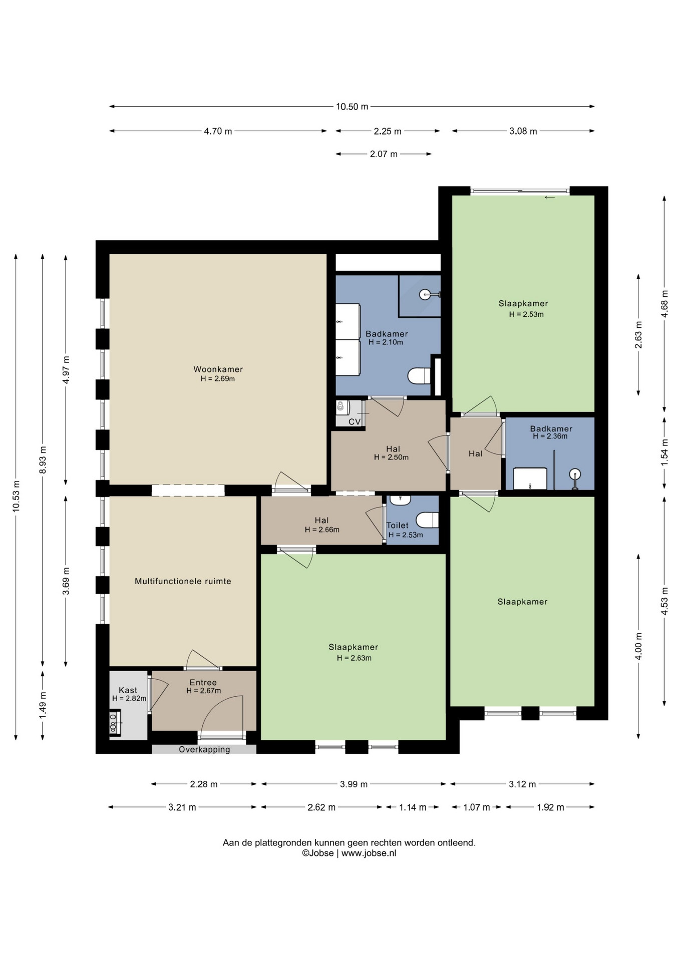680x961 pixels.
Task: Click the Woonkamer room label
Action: (x=218, y=369)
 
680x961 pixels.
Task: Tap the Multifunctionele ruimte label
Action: (x=183, y=581)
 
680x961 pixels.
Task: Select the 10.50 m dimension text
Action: (x=352, y=107)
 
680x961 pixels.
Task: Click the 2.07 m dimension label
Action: (x=384, y=154)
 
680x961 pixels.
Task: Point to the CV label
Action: (x=355, y=422)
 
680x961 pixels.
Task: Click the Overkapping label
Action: (x=204, y=749)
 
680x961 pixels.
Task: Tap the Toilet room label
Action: (x=398, y=526)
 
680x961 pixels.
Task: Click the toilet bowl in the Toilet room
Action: (x=428, y=520)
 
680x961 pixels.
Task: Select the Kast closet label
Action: (x=128, y=690)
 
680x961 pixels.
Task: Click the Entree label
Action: (x=203, y=682)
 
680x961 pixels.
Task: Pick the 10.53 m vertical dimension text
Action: (x=16, y=496)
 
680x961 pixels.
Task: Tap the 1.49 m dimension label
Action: (x=43, y=706)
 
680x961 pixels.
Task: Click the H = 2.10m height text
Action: (x=386, y=342)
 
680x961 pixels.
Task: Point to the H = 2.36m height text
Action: (x=550, y=436)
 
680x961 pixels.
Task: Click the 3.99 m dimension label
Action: (x=354, y=784)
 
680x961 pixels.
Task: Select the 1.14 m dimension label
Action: (x=413, y=807)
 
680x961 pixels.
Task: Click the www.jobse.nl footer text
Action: (x=369, y=853)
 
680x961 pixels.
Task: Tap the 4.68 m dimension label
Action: (x=664, y=304)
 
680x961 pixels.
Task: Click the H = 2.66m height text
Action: (x=322, y=530)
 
